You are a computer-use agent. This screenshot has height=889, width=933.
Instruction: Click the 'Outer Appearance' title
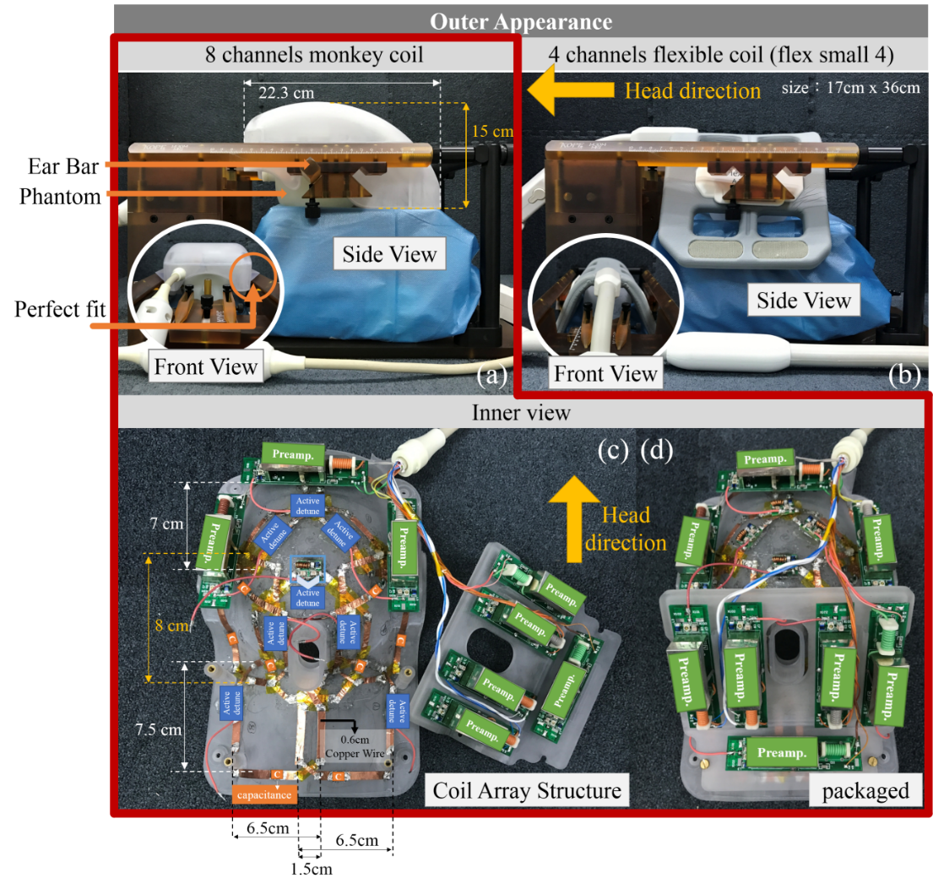point(521,20)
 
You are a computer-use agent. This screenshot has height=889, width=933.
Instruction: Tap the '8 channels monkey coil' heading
point(314,56)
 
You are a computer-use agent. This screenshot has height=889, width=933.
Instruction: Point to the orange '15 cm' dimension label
point(493,133)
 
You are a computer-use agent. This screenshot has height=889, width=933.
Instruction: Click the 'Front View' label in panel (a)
point(206,366)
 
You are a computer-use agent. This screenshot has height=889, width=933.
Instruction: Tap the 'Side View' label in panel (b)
point(803,301)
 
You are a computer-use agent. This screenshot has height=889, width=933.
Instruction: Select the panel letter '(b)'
point(903,376)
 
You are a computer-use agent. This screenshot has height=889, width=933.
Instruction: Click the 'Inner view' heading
point(521,413)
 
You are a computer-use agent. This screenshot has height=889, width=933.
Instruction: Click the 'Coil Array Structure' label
point(527,791)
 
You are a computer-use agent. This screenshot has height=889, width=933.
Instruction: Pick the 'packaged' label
point(865,791)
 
